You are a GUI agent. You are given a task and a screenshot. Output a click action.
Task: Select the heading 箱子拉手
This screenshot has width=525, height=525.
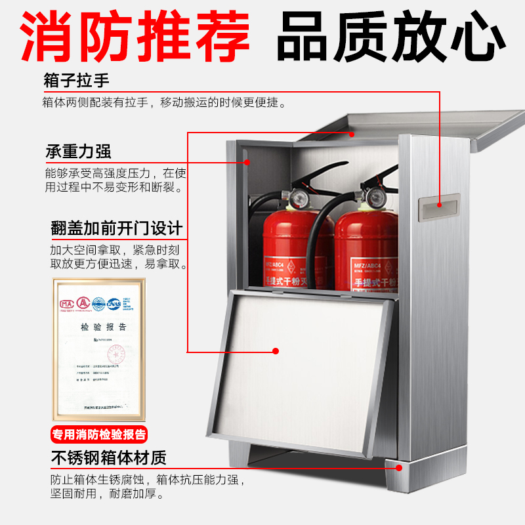77,81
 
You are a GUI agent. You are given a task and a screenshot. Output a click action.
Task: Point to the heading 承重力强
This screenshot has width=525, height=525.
78,152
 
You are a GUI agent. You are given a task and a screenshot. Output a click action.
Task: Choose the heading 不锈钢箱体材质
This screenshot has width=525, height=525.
108,457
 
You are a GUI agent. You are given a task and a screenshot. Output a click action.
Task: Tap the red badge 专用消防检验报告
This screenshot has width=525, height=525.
99,434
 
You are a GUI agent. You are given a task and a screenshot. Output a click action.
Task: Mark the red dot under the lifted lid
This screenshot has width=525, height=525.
352,134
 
